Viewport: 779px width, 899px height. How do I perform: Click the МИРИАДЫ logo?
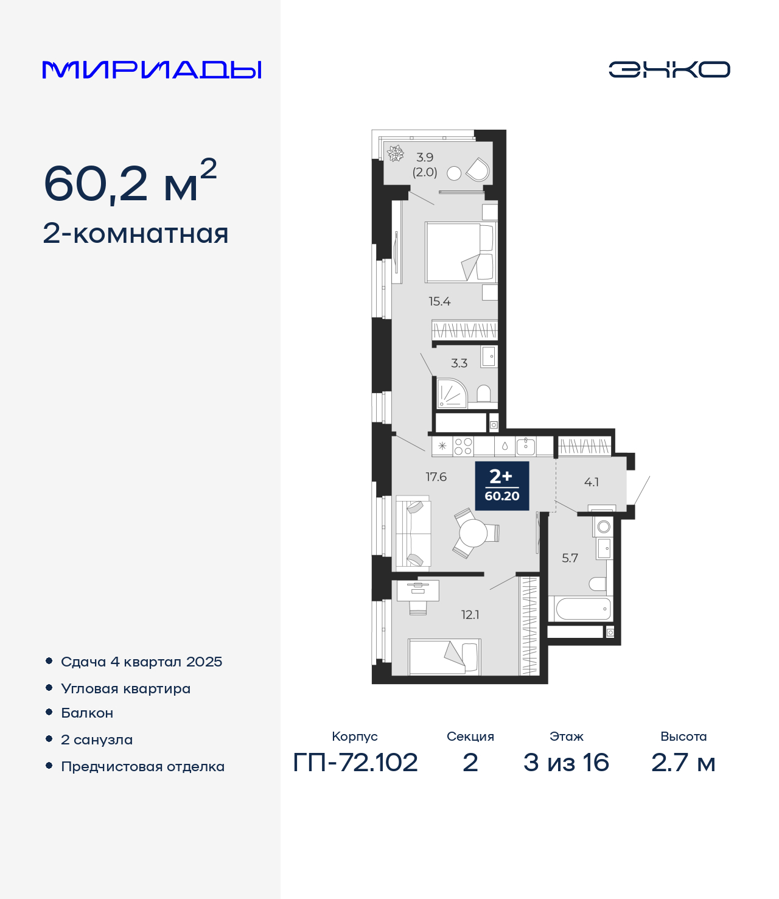pos(152,70)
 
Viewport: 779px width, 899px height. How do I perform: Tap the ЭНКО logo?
pos(669,69)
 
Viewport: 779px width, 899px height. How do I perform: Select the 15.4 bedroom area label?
pos(439,301)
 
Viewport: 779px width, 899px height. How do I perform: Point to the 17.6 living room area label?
pos(436,477)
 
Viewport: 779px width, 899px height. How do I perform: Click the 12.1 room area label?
pos(470,615)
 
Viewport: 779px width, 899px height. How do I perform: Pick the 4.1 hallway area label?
pos(591,482)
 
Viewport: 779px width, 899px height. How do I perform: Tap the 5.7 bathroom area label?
pos(570,558)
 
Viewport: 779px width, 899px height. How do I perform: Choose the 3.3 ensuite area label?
pos(459,363)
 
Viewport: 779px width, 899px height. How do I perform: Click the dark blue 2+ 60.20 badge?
pos(502,486)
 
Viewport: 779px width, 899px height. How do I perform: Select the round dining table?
pos(473,533)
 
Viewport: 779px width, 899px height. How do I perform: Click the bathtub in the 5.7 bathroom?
pos(580,609)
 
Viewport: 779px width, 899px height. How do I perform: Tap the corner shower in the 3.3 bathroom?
pos(452,393)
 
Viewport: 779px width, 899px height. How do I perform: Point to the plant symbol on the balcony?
pos(396,153)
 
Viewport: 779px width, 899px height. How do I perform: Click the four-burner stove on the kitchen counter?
pos(463,446)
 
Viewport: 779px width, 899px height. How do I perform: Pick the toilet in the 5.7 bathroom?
pos(597,584)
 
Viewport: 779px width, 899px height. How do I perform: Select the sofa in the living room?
pos(412,533)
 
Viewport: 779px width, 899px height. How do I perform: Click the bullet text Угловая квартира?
pos(126,688)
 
